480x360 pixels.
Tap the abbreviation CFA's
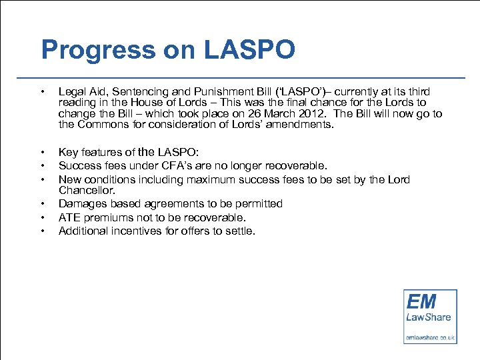coord(182,165)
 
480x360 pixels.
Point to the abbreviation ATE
coord(69,217)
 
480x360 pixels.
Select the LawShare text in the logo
coord(429,317)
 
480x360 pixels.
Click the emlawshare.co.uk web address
coord(430,338)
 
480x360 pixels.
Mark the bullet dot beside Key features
coord(42,152)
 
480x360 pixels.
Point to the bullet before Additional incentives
coord(42,231)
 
